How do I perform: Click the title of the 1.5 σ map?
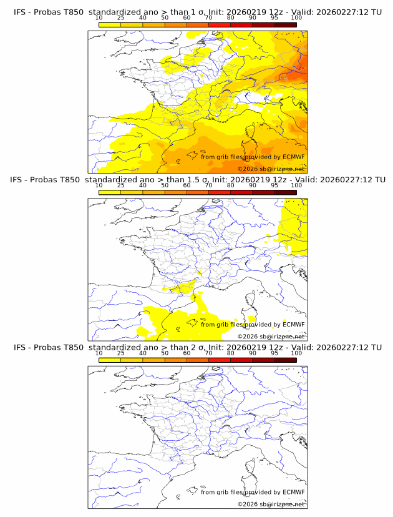[x=197, y=179]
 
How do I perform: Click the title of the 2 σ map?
[x=197, y=347]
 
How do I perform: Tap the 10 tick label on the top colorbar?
[x=99, y=19]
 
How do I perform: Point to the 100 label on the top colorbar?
[x=296, y=19]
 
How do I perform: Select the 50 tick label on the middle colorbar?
[x=165, y=186]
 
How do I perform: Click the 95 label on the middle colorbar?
[x=274, y=186]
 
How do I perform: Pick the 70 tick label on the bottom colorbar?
[x=208, y=353]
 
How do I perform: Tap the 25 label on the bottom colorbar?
[x=120, y=353]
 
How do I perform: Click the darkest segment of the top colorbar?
[x=285, y=24]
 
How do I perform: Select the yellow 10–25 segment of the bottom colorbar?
[x=110, y=360]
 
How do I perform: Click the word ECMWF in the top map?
[x=294, y=157]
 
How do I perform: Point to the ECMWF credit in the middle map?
[x=294, y=325]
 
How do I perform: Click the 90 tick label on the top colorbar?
[x=253, y=19]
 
